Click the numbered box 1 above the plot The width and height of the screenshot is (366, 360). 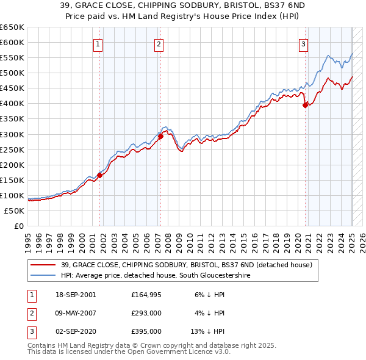[x=98, y=43]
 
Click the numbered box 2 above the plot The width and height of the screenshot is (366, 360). [x=159, y=43]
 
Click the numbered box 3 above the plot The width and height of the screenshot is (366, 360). [x=303, y=43]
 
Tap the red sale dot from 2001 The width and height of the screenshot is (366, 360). [x=99, y=175]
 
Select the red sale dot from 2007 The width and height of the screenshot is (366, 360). [x=161, y=137]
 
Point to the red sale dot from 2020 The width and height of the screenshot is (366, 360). [x=305, y=105]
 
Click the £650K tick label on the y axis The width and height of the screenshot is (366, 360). [x=12, y=27]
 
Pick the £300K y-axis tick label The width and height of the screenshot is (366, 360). [x=12, y=134]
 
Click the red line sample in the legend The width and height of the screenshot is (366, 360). [x=43, y=265]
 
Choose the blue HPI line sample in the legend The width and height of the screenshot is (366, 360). [x=43, y=276]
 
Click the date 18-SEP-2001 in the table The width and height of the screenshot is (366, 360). [x=74, y=294]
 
